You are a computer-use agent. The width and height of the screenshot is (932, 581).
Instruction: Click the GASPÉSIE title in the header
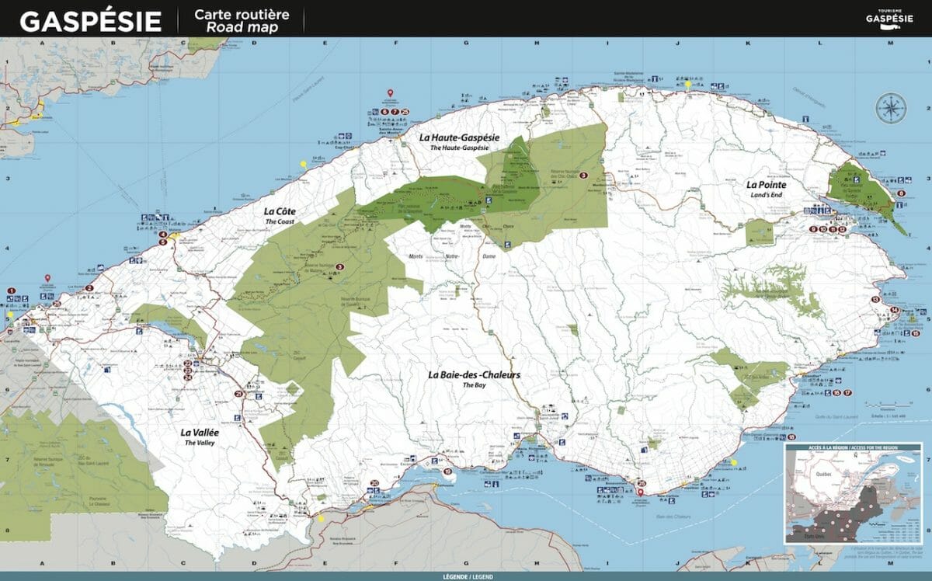tap(90, 20)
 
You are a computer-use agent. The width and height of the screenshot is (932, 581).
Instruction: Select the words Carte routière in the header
tap(241, 14)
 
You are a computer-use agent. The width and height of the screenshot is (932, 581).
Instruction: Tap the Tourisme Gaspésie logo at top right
tap(889, 18)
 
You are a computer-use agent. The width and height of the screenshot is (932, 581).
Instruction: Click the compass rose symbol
tap(890, 108)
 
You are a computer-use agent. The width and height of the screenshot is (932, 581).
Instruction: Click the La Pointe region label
tap(767, 185)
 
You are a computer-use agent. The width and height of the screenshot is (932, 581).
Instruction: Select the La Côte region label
tap(281, 210)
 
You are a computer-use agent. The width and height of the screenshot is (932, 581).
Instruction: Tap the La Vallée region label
tap(200, 433)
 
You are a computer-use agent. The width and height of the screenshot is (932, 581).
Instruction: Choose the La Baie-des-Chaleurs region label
tap(474, 374)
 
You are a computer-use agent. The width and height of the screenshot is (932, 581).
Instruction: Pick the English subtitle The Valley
tap(200, 443)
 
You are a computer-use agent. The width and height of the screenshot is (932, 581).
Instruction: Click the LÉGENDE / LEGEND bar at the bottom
tap(466, 576)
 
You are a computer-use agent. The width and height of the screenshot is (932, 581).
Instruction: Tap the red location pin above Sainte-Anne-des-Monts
tap(391, 94)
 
